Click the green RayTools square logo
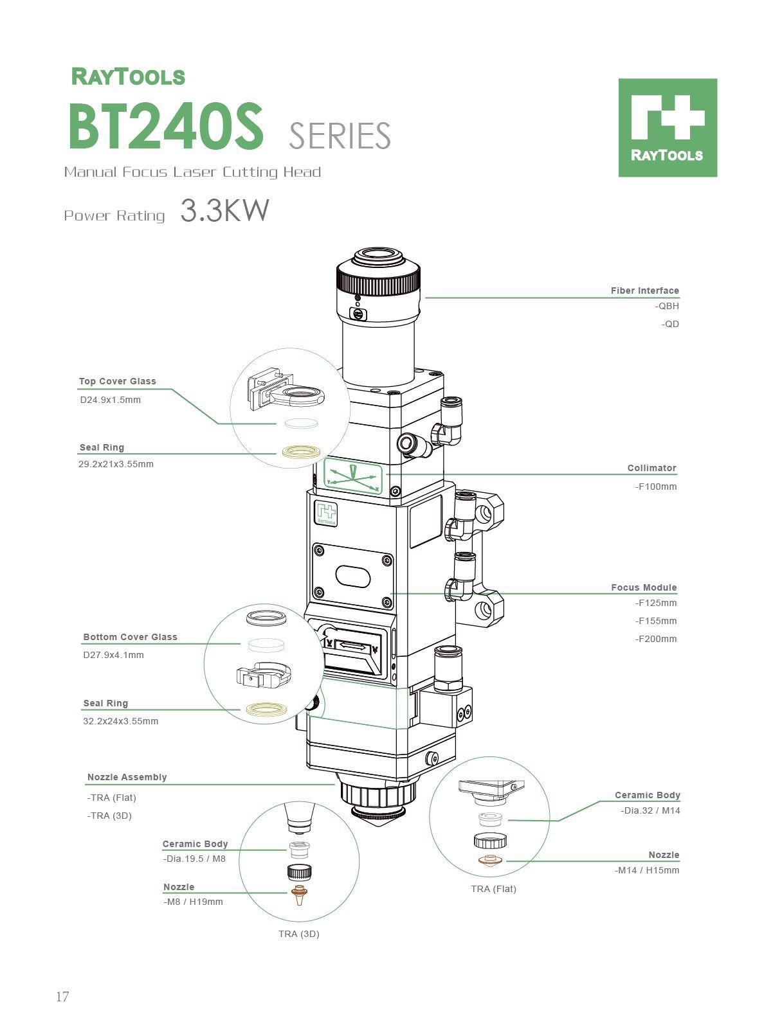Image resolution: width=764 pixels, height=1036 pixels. click(x=668, y=127)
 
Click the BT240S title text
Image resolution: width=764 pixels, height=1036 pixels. click(x=166, y=127)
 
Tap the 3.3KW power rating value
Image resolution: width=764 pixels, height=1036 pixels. click(x=224, y=211)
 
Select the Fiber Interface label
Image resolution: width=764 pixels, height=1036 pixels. click(x=644, y=290)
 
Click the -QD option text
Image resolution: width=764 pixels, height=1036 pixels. click(x=670, y=324)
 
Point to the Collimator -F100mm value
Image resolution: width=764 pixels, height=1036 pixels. click(x=656, y=487)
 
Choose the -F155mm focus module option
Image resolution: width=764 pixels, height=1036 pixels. click(x=656, y=621)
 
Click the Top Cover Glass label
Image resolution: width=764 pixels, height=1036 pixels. click(x=117, y=381)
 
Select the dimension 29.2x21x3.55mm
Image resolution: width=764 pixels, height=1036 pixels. click(x=116, y=464)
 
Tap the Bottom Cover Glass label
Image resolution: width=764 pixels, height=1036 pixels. click(x=130, y=637)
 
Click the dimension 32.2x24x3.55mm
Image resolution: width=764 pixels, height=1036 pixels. click(x=120, y=721)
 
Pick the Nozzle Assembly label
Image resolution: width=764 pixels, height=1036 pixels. click(x=127, y=777)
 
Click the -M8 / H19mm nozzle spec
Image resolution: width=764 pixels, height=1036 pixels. click(x=193, y=902)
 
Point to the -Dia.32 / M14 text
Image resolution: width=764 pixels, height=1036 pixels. click(x=650, y=810)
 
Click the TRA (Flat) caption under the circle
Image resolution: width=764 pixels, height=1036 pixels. click(x=493, y=889)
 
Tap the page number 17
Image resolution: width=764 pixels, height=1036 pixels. click(x=62, y=997)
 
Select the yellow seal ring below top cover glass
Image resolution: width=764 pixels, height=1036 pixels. click(x=302, y=452)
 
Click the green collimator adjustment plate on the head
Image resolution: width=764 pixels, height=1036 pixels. click(x=352, y=476)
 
